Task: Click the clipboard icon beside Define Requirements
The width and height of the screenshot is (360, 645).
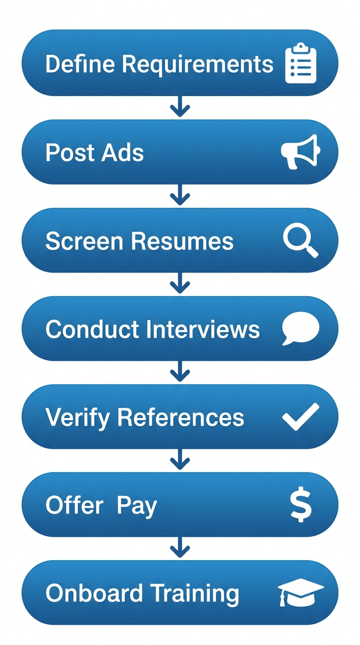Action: pos(301,63)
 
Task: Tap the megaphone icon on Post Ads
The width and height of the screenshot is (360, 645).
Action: pos(300,151)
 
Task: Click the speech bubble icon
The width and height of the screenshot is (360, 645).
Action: pos(300,328)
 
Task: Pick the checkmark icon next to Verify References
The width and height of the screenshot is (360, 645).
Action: pos(300,416)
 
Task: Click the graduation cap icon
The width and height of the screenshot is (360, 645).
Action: pos(300,592)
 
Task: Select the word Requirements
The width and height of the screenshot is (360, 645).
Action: pos(197,64)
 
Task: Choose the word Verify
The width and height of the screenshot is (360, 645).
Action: pos(77,417)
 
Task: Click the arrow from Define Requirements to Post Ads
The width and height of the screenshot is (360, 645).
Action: pos(180,108)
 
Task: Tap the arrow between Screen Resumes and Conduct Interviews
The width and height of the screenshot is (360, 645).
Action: pos(180,284)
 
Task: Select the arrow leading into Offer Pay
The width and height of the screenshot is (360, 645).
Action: pos(180,461)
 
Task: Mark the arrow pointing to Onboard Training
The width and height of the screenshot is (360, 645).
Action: pos(180,549)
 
